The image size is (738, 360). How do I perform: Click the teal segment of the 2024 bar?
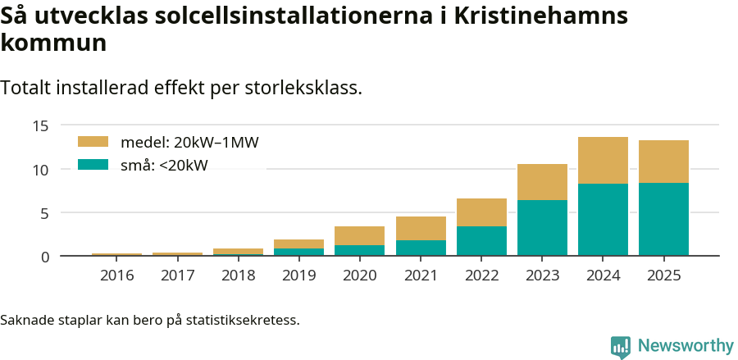pos(603,220)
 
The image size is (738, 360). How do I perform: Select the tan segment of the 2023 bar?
pos(542,182)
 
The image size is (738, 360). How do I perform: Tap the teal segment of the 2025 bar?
pos(663,220)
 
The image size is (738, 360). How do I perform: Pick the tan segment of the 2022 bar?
pos(481,212)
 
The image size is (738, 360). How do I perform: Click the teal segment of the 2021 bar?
pos(421,248)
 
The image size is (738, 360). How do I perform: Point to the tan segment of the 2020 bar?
pos(360,236)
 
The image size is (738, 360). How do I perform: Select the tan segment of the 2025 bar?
pos(663,162)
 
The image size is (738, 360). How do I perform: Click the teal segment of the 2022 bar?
pos(481,241)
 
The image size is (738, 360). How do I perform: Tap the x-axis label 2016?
pos(117,275)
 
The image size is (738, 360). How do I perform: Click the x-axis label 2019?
pos(299,275)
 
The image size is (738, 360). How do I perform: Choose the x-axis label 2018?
pos(239,275)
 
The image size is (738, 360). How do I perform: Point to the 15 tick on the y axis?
pos(41,126)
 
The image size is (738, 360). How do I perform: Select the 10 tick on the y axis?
pos(41,170)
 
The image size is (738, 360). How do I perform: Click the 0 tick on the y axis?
pos(45,257)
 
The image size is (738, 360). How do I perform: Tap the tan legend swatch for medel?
pos(93,142)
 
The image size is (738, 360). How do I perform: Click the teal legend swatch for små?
pos(93,165)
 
